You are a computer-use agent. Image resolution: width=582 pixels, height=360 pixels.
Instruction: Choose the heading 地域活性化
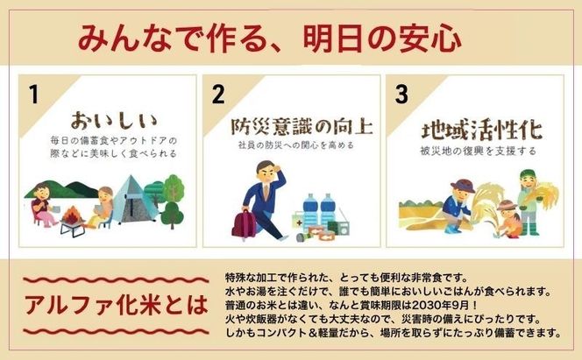tap(480, 131)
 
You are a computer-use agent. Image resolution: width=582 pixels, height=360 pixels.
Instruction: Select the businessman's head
tap(265, 171)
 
